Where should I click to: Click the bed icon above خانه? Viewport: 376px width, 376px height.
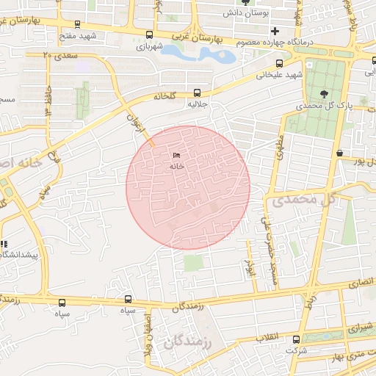click(176, 156)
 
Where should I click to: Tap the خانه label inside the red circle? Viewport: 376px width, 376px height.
click(176, 167)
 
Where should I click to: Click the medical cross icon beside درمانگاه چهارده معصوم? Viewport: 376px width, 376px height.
click(275, 32)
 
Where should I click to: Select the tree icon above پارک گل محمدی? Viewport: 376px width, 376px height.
click(325, 93)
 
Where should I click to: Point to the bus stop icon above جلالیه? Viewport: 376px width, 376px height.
click(196, 93)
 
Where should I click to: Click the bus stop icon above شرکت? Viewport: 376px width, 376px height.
click(296, 339)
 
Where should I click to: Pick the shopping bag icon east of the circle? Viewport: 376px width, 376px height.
click(339, 153)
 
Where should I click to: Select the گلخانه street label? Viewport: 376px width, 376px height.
click(166, 96)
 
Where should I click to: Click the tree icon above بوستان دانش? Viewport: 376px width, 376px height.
click(245, 2)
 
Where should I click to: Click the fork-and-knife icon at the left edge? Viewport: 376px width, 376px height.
click(4, 244)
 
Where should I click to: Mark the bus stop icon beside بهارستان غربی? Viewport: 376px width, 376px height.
click(150, 35)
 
